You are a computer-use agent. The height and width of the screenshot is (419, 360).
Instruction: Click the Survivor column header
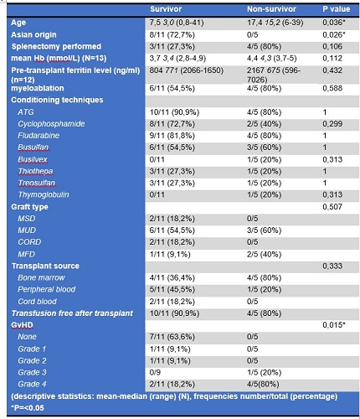pyautogui.click(x=166, y=9)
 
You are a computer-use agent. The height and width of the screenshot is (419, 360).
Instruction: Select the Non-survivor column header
pyautogui.click(x=271, y=9)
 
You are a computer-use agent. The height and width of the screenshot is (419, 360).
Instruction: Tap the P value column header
pyautogui.click(x=336, y=9)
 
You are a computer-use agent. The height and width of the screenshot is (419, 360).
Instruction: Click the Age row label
pyautogui.click(x=18, y=23)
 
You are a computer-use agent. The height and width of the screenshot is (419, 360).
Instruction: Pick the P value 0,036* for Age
pyautogui.click(x=334, y=23)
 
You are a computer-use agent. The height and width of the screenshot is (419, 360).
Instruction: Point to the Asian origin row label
pyautogui.click(x=33, y=34)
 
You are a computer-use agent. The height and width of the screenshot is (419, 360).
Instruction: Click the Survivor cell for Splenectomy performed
pyautogui.click(x=172, y=46)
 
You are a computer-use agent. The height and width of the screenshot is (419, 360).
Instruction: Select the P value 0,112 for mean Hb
pyautogui.click(x=332, y=58)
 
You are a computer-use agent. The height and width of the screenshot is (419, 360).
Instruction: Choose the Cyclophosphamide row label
pyautogui.click(x=51, y=124)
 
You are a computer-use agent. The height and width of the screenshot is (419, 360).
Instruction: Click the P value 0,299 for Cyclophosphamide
pyautogui.click(x=332, y=124)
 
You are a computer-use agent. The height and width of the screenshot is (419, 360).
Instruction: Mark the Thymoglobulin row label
pyautogui.click(x=44, y=194)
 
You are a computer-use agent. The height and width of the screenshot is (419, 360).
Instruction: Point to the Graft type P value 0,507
pyautogui.click(x=332, y=207)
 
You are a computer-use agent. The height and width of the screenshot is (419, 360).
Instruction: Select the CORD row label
pyautogui.click(x=29, y=242)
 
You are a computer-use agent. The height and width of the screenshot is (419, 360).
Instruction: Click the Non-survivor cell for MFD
pyautogui.click(x=264, y=254)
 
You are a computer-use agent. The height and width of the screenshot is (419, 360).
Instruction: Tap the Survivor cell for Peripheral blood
pyautogui.click(x=172, y=289)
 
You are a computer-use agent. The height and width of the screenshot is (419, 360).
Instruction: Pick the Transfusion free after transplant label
pyautogui.click(x=72, y=313)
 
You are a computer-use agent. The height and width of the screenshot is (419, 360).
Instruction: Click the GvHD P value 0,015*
pyautogui.click(x=334, y=325)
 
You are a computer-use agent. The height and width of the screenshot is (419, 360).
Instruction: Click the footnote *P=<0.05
pyautogui.click(x=28, y=408)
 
